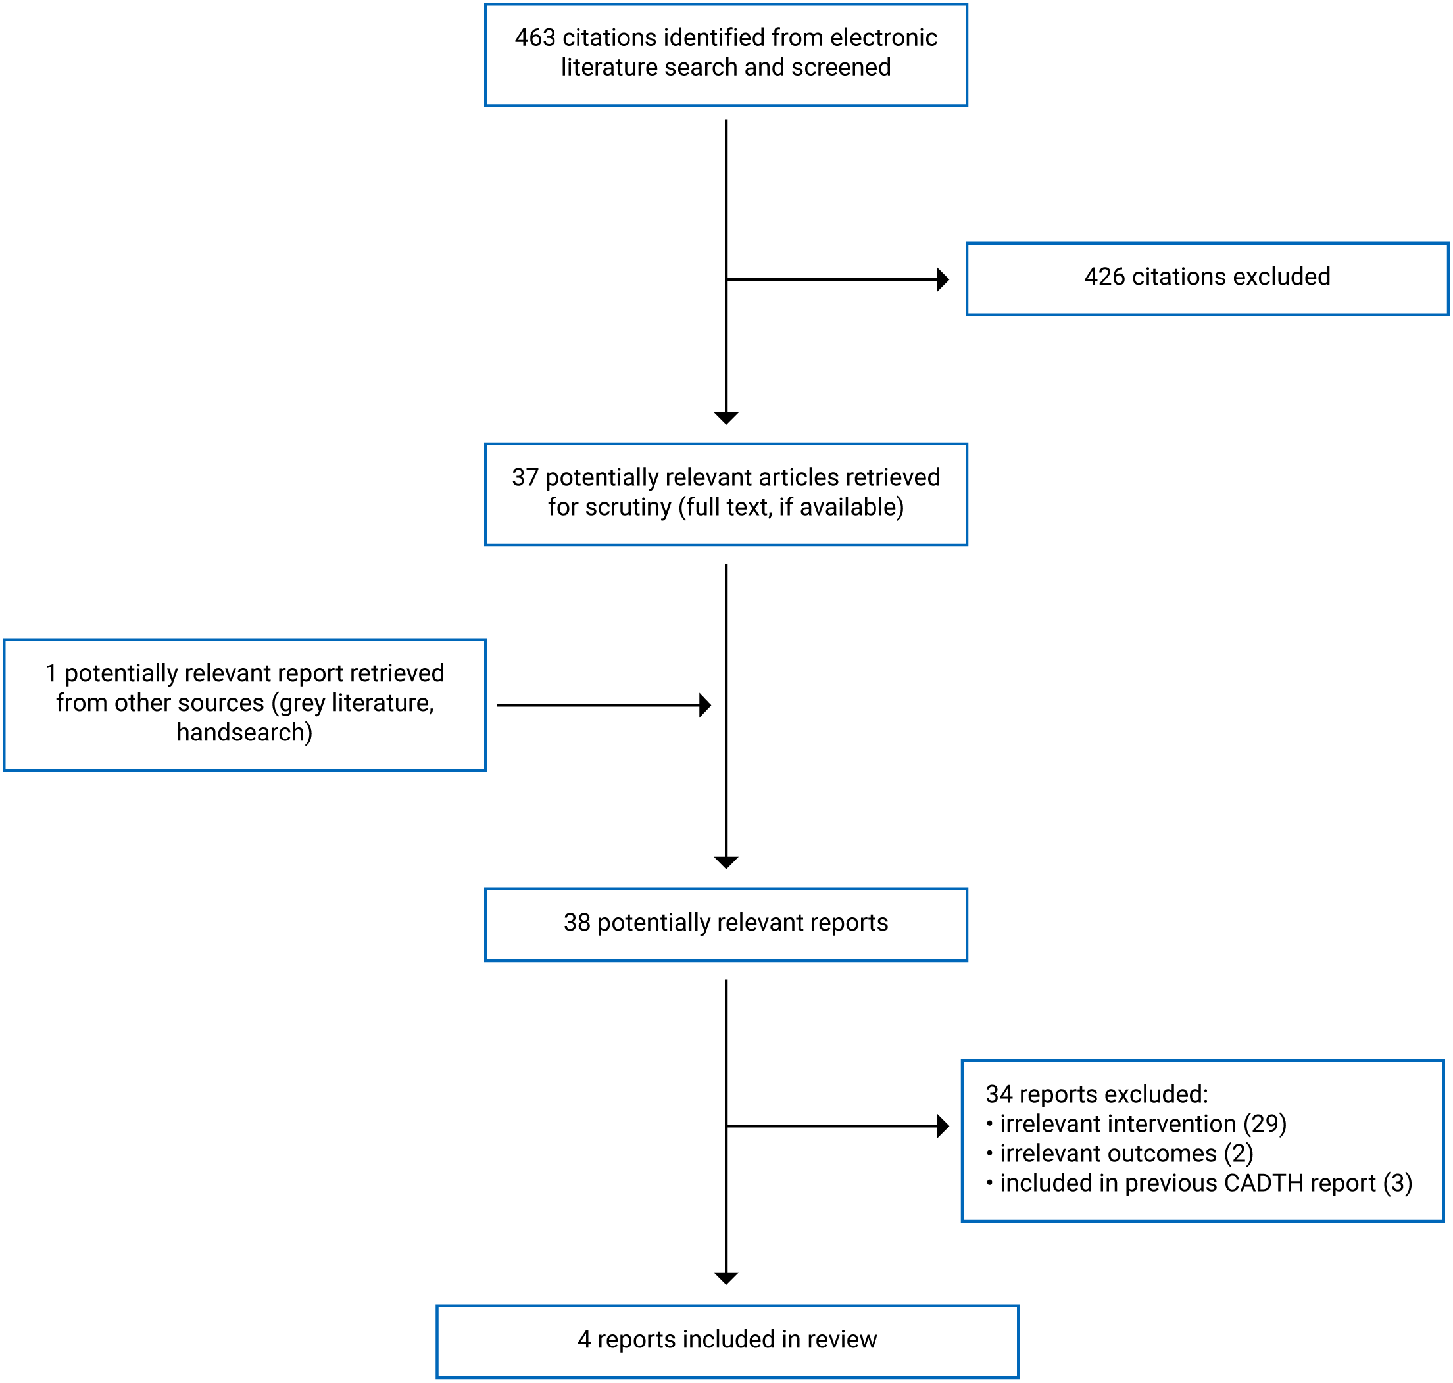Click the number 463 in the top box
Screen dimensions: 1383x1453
point(535,37)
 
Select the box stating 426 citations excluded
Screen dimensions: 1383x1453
point(1207,278)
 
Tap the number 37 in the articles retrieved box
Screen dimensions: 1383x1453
point(525,477)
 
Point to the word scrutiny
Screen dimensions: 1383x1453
point(628,507)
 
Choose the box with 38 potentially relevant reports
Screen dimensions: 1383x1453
point(726,924)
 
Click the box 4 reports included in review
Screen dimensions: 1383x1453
point(727,1340)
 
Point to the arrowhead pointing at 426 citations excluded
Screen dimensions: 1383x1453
point(942,279)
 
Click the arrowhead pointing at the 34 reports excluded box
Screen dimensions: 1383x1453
point(942,1127)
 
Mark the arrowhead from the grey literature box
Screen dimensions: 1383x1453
point(704,706)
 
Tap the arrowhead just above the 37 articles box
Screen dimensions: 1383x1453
point(726,418)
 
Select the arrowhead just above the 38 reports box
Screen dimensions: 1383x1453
point(726,863)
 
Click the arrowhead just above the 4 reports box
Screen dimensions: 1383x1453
point(726,1278)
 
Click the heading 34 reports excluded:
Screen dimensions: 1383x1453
point(1096,1095)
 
